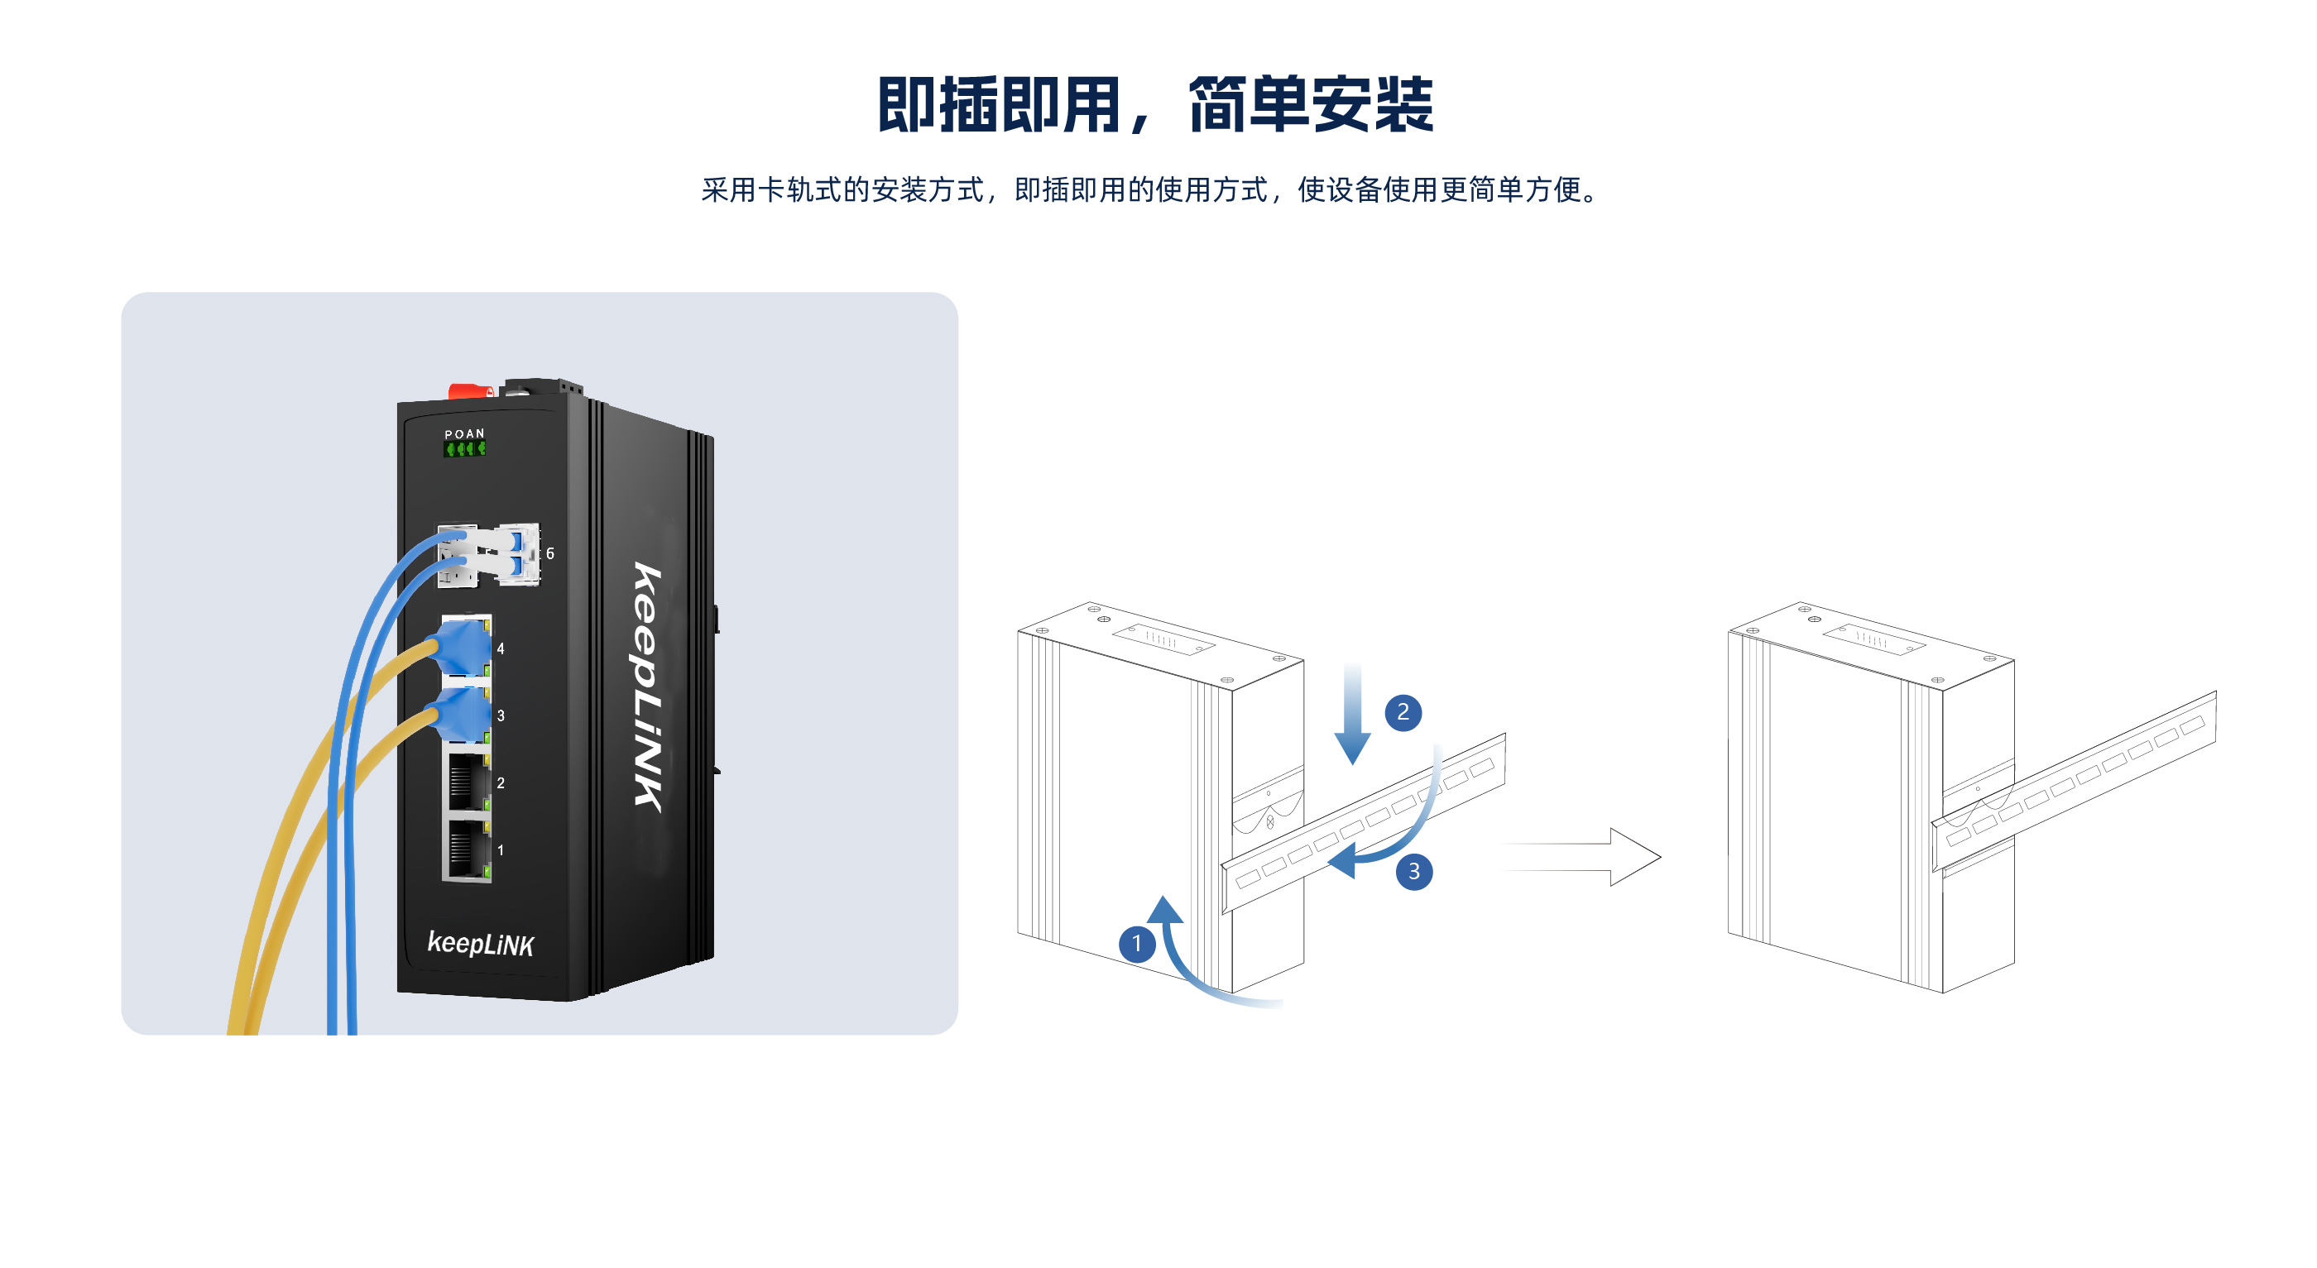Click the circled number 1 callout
click(1137, 944)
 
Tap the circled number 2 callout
click(1403, 712)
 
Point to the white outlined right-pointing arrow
click(1583, 857)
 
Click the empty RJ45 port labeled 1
click(467, 849)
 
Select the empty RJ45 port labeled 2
click(467, 782)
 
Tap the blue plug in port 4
click(464, 648)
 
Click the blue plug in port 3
click(464, 715)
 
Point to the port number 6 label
click(550, 554)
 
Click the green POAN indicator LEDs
click(465, 447)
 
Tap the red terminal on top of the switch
click(468, 391)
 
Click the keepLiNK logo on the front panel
click(480, 944)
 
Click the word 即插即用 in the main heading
click(999, 105)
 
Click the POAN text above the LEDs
click(464, 433)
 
